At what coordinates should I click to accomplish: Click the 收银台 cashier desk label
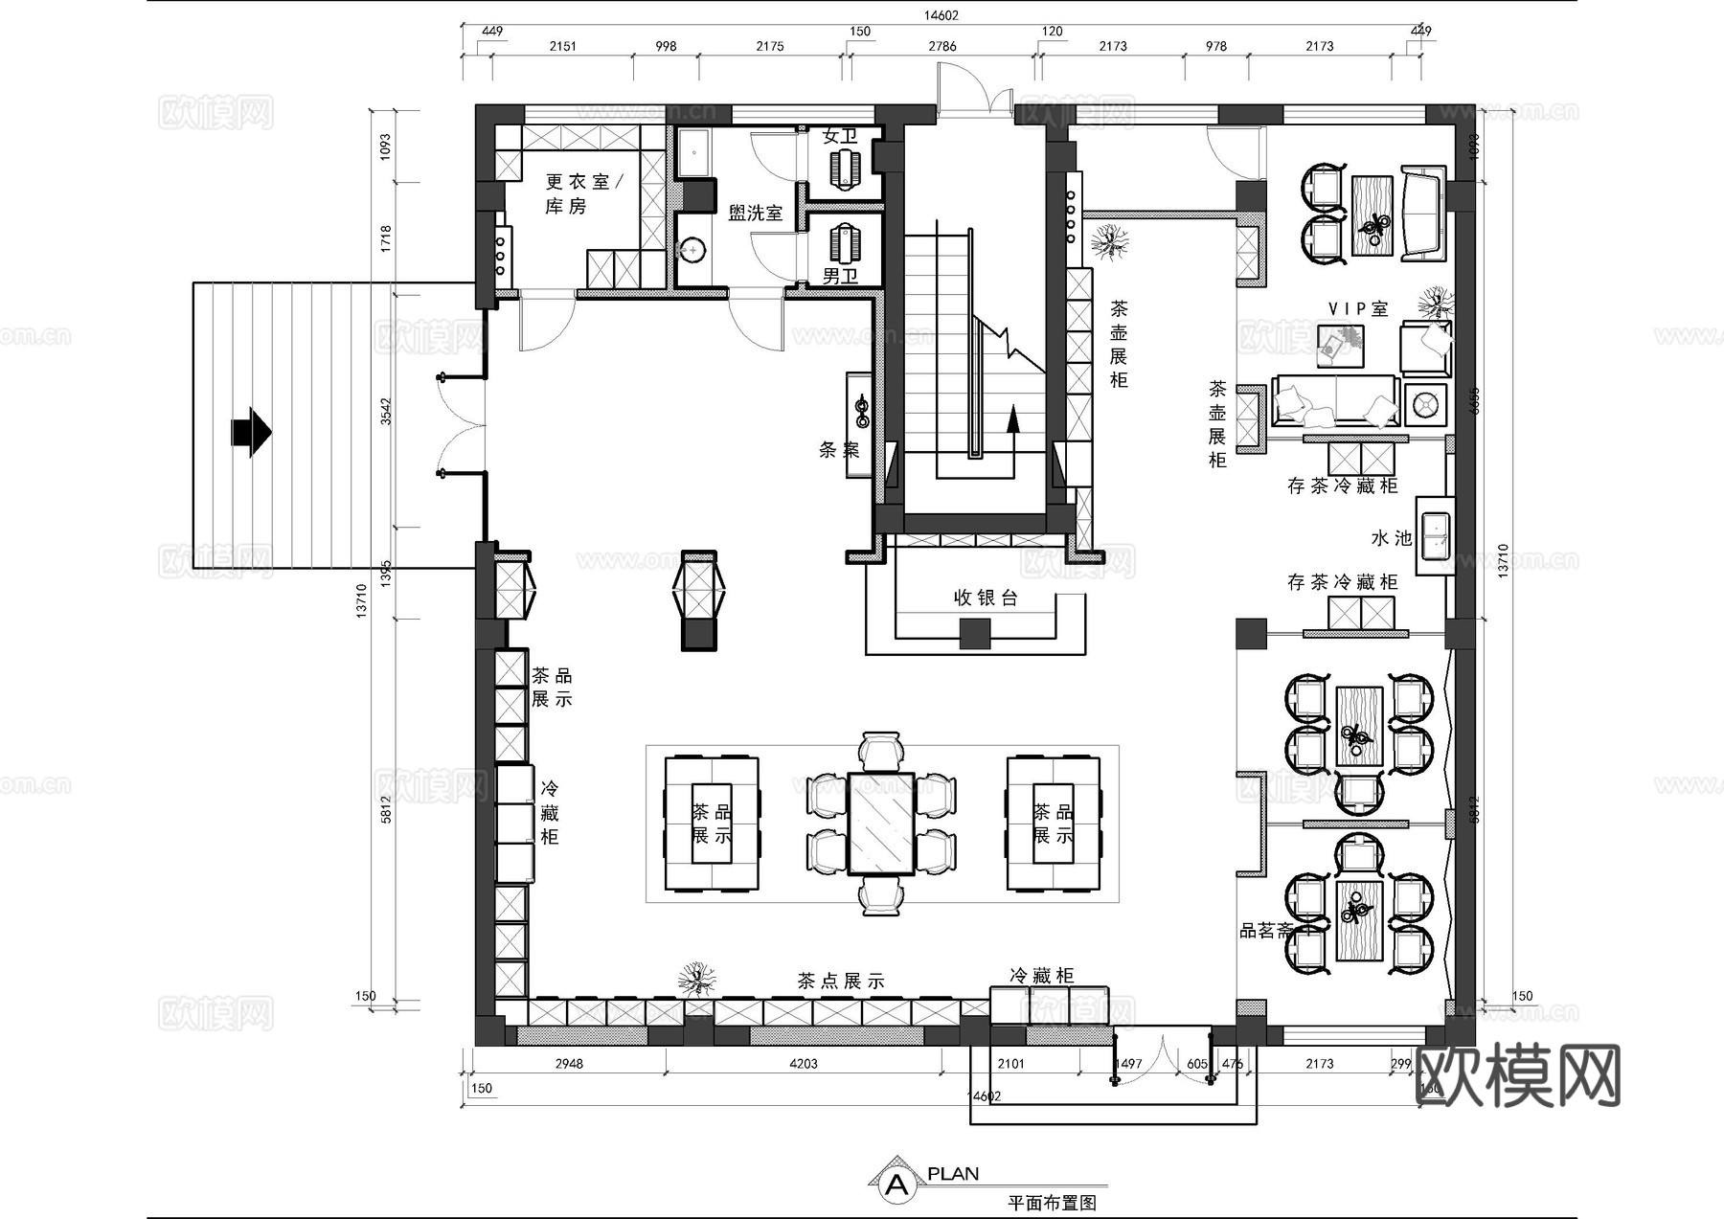click(x=985, y=598)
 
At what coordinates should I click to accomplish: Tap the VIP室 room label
click(x=1357, y=308)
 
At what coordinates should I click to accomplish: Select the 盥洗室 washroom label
click(x=755, y=213)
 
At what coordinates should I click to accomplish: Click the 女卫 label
click(x=840, y=136)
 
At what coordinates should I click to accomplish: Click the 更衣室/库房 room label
click(x=582, y=193)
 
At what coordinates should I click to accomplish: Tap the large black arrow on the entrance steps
click(x=251, y=432)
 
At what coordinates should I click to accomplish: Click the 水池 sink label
click(x=1391, y=538)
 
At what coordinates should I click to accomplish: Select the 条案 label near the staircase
click(x=839, y=449)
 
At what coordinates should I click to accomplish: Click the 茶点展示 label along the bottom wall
click(x=840, y=981)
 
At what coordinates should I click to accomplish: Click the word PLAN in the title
click(x=953, y=1173)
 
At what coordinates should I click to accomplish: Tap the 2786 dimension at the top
click(x=942, y=46)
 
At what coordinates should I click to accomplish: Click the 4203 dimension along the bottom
click(x=803, y=1063)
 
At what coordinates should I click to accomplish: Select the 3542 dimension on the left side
click(x=386, y=412)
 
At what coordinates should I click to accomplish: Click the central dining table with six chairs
click(x=881, y=824)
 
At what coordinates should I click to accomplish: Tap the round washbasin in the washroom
click(x=692, y=251)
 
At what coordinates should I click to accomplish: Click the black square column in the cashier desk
click(x=975, y=633)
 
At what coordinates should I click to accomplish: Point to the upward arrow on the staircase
click(x=1012, y=421)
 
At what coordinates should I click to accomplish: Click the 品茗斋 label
click(x=1266, y=930)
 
